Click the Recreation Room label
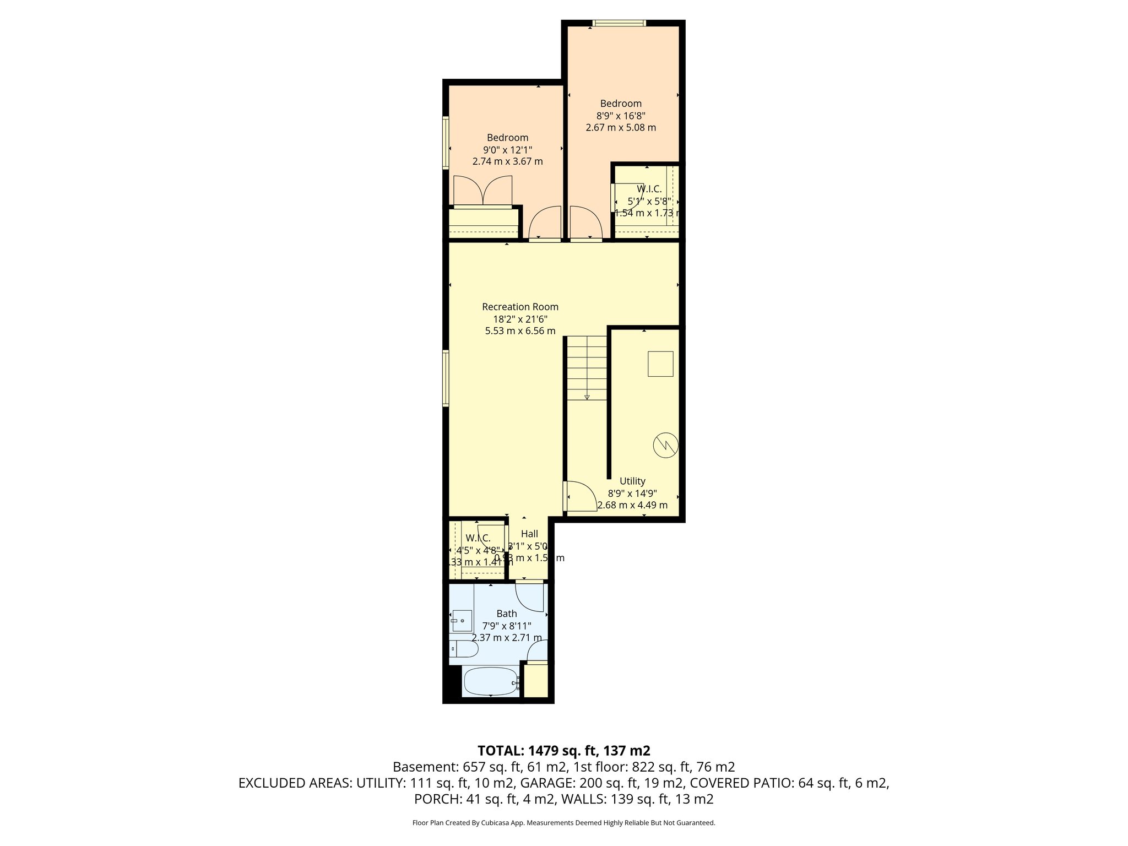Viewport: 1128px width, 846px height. pyautogui.click(x=520, y=307)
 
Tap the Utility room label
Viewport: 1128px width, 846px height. pyautogui.click(x=632, y=481)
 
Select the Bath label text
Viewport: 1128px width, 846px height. pyautogui.click(x=507, y=614)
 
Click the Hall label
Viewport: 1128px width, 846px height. pyautogui.click(x=529, y=534)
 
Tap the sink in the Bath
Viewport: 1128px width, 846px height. pyautogui.click(x=462, y=621)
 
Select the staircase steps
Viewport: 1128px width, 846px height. pyautogui.click(x=587, y=368)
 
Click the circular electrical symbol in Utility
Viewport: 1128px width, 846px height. pyautogui.click(x=665, y=444)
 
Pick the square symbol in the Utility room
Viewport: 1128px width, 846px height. pyautogui.click(x=660, y=364)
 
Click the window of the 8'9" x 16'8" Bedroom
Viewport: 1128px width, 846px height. pyautogui.click(x=619, y=23)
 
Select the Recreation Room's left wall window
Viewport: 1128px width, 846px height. pyautogui.click(x=446, y=379)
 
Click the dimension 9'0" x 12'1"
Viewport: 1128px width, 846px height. pyautogui.click(x=507, y=150)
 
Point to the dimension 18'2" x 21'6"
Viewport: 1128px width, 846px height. pyautogui.click(x=520, y=319)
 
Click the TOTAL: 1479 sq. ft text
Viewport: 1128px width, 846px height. pyautogui.click(x=564, y=751)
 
